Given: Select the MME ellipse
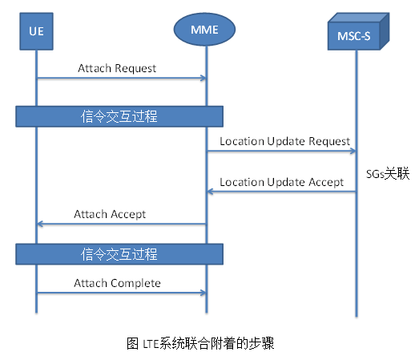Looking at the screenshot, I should tap(206, 30).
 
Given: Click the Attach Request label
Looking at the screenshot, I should tap(116, 68).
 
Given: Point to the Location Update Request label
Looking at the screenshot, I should tap(284, 141).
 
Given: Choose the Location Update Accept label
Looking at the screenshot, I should tap(281, 182).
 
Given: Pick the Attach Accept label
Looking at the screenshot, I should tap(110, 214).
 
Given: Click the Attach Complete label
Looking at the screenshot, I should tap(117, 283).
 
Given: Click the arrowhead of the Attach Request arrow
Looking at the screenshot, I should tap(203, 79).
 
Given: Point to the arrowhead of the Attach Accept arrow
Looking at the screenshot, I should tap(40, 224).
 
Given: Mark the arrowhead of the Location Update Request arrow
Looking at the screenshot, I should tap(353, 151).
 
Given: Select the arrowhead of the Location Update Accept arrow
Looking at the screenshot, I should tap(210, 192).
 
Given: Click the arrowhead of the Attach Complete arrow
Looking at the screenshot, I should tap(203, 293).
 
